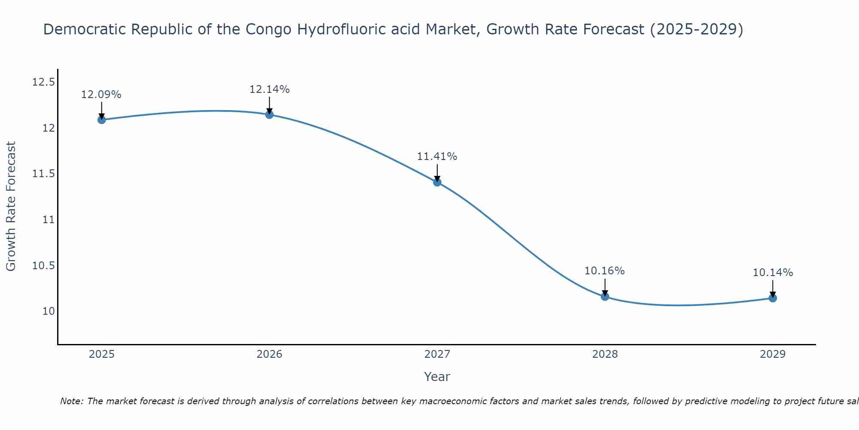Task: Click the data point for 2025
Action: point(102,120)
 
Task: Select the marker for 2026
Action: point(269,114)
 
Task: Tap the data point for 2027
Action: point(437,182)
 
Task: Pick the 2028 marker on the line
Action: point(605,296)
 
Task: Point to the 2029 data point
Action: point(773,298)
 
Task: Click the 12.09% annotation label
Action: point(101,95)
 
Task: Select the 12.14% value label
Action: point(269,89)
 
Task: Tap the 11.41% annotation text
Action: point(437,157)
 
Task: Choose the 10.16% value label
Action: point(605,271)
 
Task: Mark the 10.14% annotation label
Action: point(773,273)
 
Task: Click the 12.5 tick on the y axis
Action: point(43,82)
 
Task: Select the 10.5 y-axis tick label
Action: point(43,266)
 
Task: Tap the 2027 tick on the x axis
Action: point(437,354)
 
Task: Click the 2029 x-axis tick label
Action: point(773,354)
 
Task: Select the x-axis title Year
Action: point(437,377)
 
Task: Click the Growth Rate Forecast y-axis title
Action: point(11,206)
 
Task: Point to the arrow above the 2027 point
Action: point(437,173)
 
